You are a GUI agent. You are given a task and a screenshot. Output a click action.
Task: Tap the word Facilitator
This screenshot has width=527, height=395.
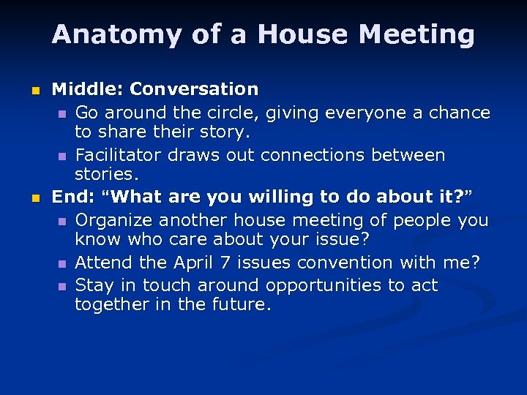pos(118,155)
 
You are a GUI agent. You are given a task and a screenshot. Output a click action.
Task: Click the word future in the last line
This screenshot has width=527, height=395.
pos(241,305)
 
